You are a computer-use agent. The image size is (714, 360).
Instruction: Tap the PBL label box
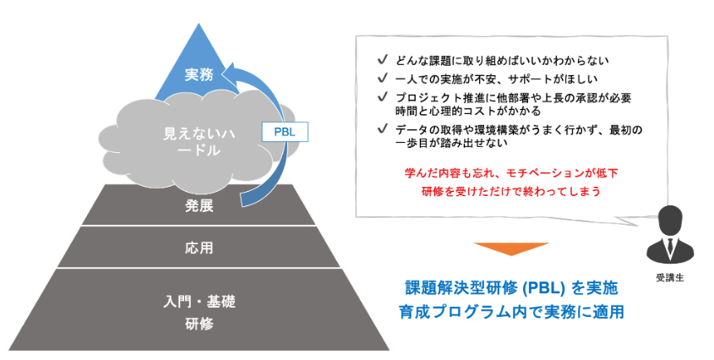(285, 132)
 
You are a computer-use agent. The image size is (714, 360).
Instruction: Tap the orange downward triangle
(501, 249)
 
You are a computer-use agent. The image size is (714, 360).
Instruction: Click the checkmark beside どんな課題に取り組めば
(383, 61)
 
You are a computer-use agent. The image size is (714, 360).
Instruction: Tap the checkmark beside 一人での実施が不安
(383, 79)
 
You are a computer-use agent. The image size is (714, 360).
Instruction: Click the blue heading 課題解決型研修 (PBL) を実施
(511, 287)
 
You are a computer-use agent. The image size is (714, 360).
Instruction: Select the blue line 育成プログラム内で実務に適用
(511, 312)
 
